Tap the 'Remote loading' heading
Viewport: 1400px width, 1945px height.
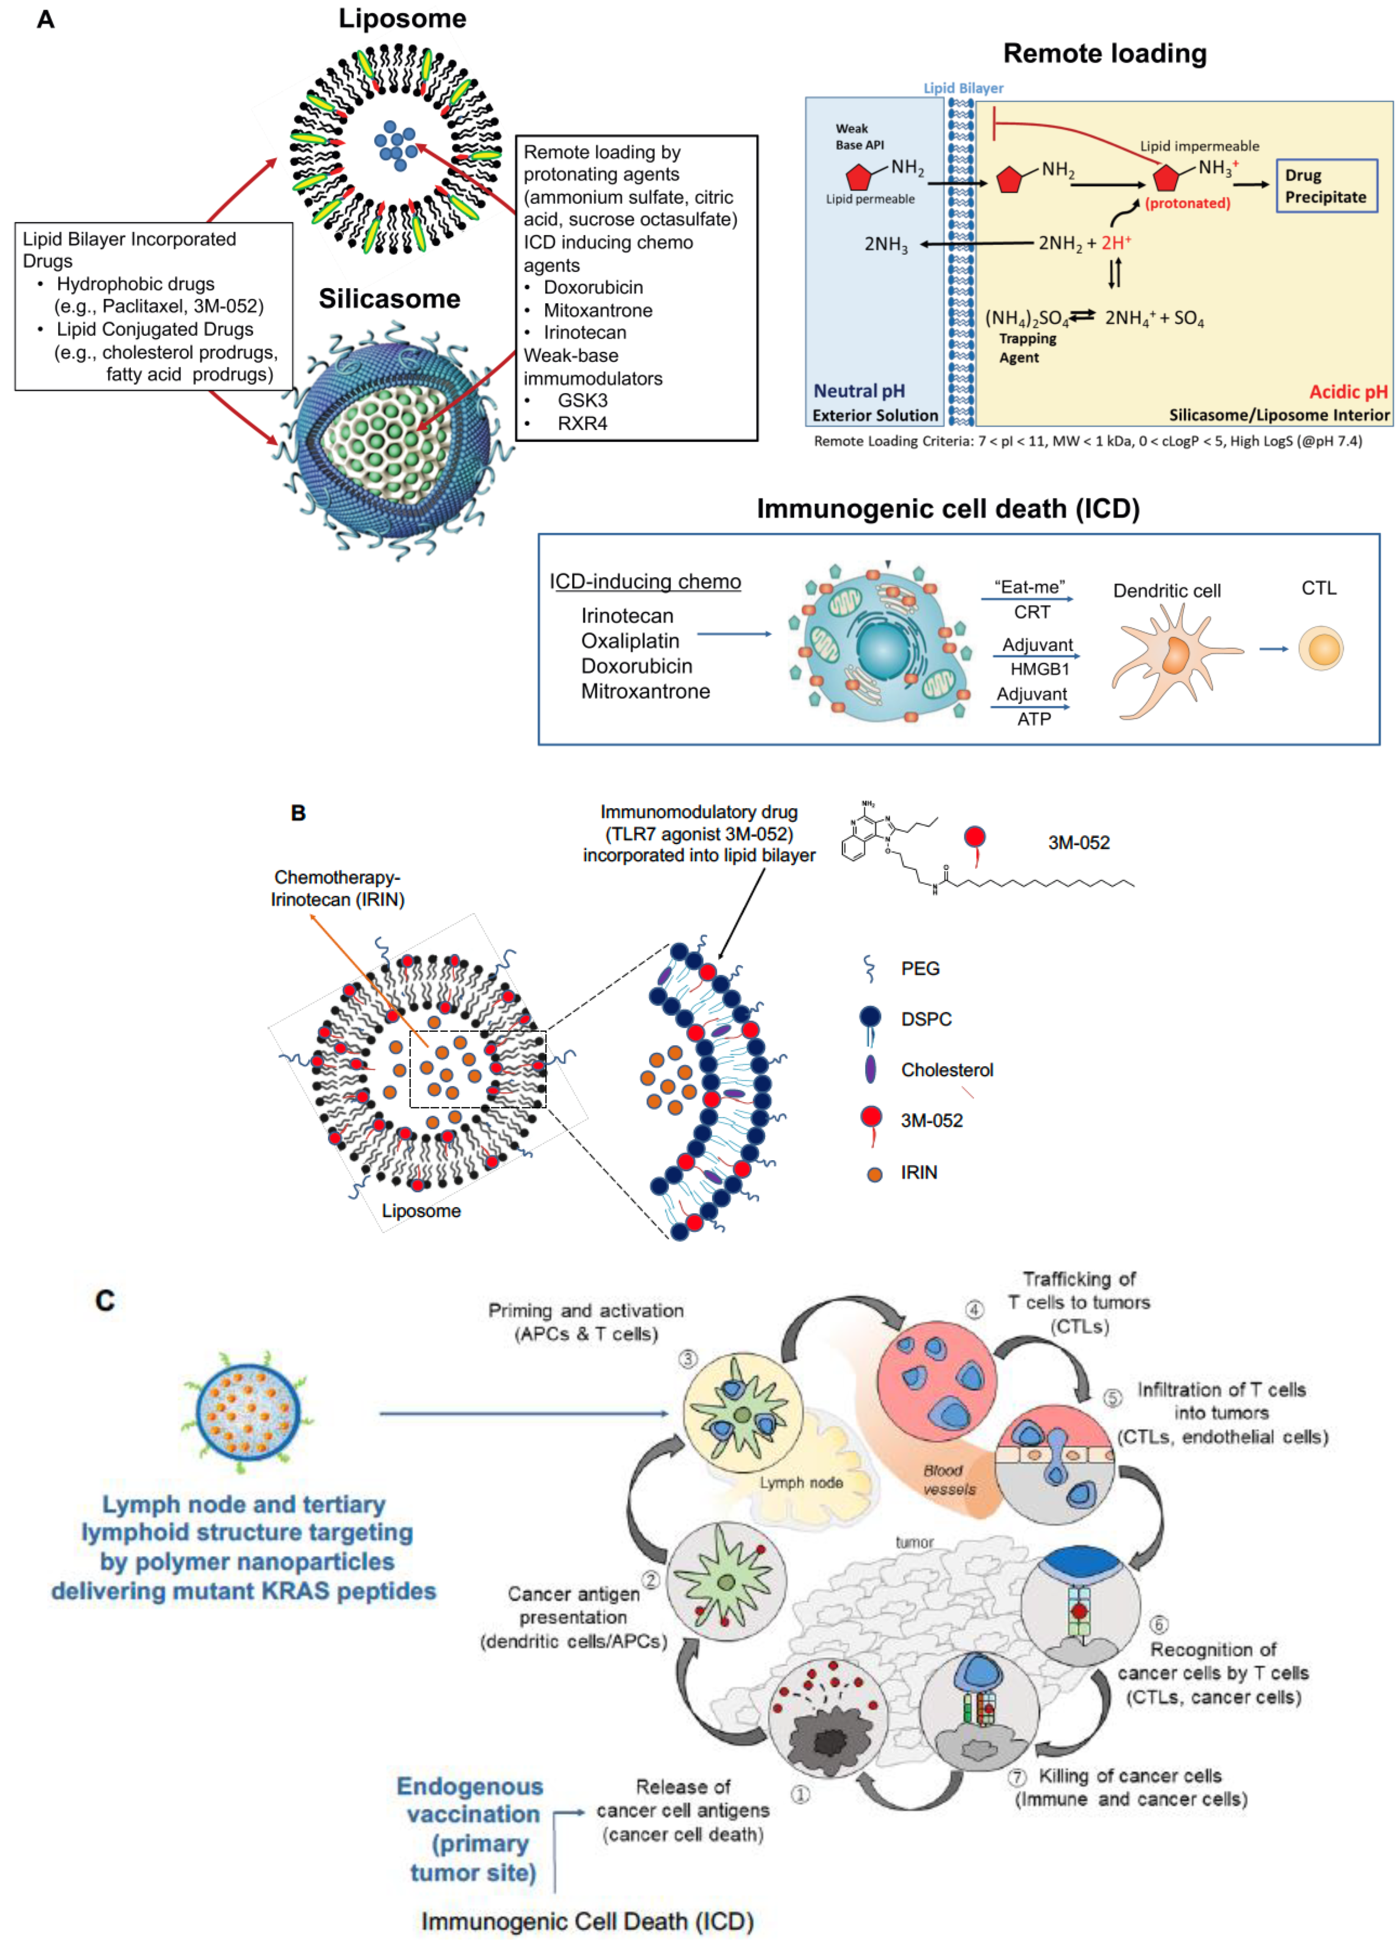[1104, 53]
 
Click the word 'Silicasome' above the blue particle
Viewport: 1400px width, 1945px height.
[389, 298]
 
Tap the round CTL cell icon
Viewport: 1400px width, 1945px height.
[1320, 648]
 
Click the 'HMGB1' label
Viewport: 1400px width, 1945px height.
[1039, 669]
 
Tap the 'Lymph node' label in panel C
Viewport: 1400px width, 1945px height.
[801, 1482]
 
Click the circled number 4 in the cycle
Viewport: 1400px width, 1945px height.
[974, 1309]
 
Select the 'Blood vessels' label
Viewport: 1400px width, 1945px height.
[947, 1479]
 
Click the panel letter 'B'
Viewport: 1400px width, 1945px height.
[298, 812]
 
